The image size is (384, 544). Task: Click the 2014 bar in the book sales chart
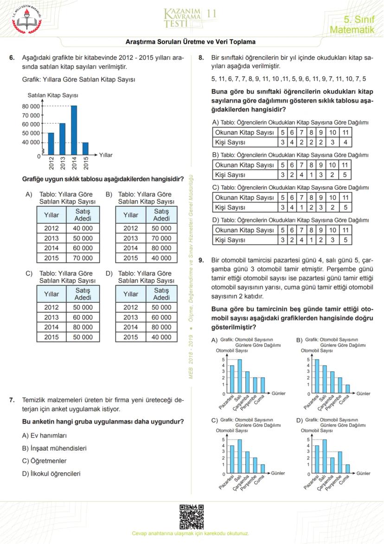[x=74, y=130]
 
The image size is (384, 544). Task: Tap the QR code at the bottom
[x=192, y=517]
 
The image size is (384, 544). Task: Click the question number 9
[x=201, y=261]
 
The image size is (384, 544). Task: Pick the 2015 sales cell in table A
[x=82, y=258]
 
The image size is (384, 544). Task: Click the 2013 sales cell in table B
[x=161, y=238]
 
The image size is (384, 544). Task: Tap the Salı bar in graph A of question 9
[x=239, y=376]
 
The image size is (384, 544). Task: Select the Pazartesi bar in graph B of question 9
[x=317, y=376]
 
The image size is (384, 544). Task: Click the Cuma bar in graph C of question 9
[x=262, y=467]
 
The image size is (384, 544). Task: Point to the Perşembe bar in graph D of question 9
[x=339, y=461]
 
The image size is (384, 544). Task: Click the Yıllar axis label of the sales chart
[x=106, y=155]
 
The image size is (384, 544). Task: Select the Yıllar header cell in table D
[x=131, y=294]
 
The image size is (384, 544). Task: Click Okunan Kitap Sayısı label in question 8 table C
[x=245, y=197]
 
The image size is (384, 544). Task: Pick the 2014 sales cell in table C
[x=82, y=327]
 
